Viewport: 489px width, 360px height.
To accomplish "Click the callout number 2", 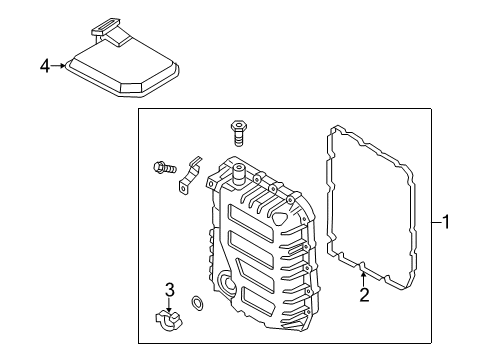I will (364, 294).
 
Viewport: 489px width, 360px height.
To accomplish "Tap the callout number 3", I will (170, 290).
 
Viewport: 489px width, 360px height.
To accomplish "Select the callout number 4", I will (45, 66).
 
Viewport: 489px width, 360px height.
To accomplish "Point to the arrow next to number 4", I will (60, 66).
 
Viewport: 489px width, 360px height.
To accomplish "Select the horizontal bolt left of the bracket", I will (163, 167).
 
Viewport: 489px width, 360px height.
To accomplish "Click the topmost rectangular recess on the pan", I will (243, 214).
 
